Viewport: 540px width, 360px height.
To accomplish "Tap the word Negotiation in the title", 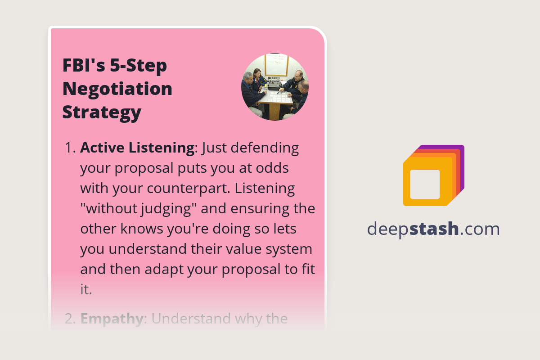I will [x=117, y=89].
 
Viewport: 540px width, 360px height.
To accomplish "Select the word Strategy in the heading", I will [x=102, y=112].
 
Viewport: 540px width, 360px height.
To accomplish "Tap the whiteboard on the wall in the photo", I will [x=276, y=64].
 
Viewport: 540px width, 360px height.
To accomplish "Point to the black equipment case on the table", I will [x=274, y=84].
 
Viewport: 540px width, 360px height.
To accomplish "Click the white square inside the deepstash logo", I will [x=425, y=184].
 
